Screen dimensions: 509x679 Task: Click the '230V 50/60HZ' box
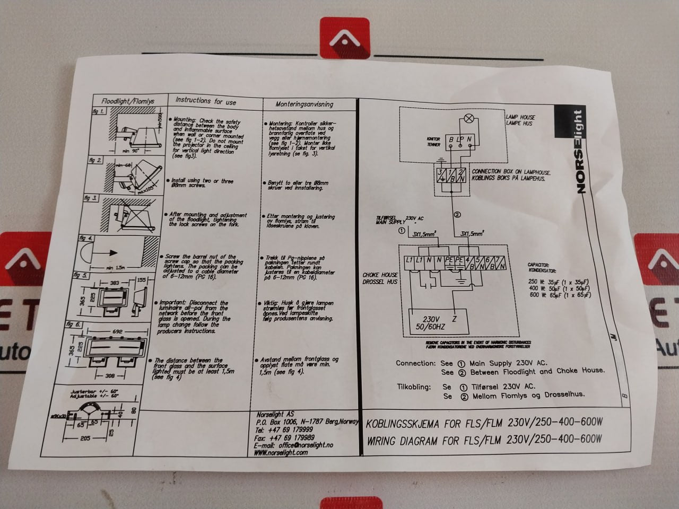(430, 323)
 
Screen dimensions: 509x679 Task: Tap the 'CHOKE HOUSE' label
(380, 275)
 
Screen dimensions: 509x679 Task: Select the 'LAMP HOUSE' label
(520, 117)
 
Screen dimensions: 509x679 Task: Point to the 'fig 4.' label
(86, 238)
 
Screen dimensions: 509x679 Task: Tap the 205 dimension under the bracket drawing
(85, 438)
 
